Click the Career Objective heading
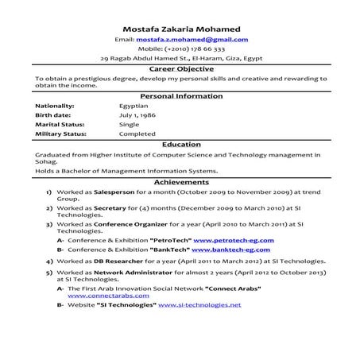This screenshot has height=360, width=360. point(180,70)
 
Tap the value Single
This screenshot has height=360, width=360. point(129,125)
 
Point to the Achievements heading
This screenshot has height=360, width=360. point(180,182)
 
